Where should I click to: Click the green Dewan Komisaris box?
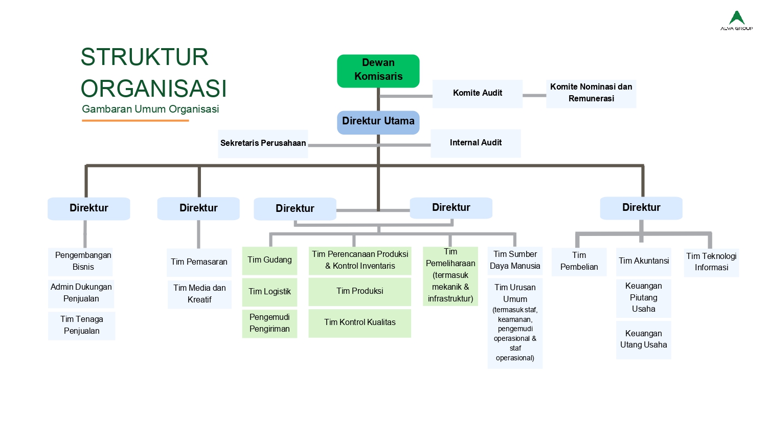(378, 71)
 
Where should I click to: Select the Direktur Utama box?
(378, 122)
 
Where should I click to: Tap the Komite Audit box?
(478, 93)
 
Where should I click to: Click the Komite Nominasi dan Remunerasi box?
(591, 93)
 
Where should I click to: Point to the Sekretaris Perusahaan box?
(263, 143)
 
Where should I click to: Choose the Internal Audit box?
(476, 143)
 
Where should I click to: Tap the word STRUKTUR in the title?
(145, 57)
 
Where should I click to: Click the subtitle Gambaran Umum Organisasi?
(150, 109)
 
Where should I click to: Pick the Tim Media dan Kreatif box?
(199, 294)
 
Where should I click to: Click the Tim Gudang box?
(269, 260)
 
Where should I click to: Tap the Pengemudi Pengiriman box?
(269, 323)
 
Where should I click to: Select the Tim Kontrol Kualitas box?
(359, 322)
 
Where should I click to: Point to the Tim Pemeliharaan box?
(450, 276)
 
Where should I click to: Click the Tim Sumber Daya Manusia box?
(515, 260)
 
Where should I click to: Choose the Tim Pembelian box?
(579, 261)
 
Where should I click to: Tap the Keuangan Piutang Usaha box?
(643, 297)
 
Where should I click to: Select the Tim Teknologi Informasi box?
(711, 262)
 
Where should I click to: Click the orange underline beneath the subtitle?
(136, 121)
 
